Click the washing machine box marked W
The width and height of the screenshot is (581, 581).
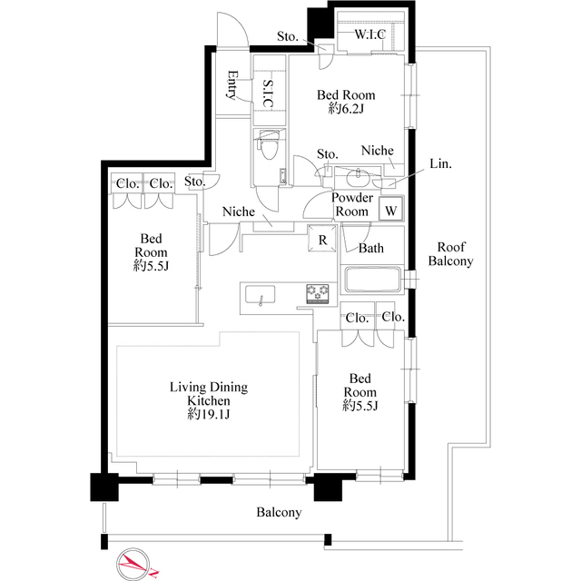click(x=391, y=210)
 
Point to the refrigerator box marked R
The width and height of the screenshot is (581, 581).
click(x=322, y=240)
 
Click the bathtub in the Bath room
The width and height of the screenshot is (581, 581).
click(x=373, y=280)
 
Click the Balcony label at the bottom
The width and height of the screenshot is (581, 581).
click(x=278, y=513)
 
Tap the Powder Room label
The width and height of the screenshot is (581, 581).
click(x=352, y=204)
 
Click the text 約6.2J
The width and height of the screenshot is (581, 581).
click(x=345, y=109)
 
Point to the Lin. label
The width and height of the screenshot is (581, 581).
click(x=440, y=165)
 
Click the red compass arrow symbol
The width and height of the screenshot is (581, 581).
click(x=133, y=563)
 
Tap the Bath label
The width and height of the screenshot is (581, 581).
click(x=370, y=247)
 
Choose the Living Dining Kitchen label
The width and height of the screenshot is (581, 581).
click(x=208, y=393)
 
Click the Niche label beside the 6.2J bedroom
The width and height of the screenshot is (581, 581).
click(x=376, y=150)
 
